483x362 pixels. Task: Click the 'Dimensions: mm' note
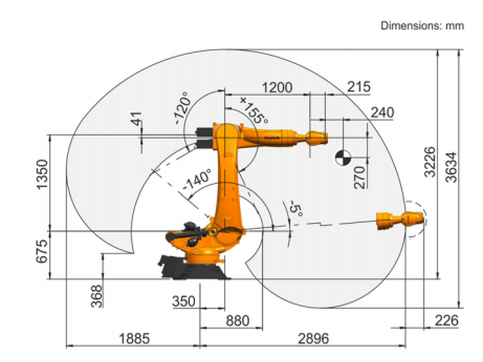(422, 25)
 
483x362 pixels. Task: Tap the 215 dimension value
(358, 87)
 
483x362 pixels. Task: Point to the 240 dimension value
(382, 113)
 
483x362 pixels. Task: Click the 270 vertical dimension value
(360, 177)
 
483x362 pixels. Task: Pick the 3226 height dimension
(430, 161)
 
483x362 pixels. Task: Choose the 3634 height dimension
(452, 167)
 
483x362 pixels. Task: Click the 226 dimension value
(446, 320)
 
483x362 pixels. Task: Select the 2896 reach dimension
(313, 339)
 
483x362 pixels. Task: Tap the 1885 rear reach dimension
(134, 339)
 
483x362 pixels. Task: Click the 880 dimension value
(237, 321)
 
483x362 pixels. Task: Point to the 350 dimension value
(184, 301)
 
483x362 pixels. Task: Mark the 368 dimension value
(97, 296)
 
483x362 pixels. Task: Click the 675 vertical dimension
(42, 251)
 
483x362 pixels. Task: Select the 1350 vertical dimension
(42, 174)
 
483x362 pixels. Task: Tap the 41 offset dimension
(137, 119)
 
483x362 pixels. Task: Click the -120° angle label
(182, 108)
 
